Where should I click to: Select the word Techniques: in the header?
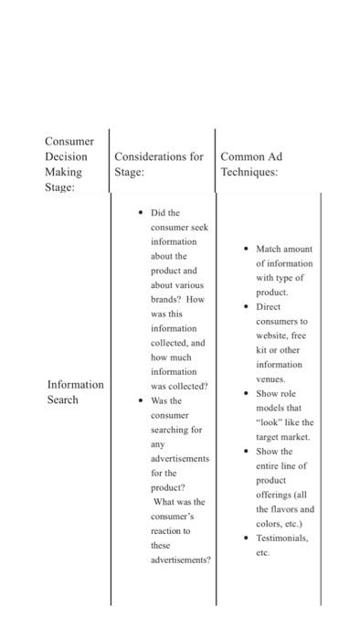249,172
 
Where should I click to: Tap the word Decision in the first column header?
66,156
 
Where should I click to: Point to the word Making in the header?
63,172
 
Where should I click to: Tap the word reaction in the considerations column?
171,530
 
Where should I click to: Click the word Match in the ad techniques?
270,249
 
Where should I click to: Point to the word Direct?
269,306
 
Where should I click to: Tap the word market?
291,437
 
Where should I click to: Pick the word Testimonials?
282,539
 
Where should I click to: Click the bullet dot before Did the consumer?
140,213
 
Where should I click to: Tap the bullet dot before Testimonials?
246,539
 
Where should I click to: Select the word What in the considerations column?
166,502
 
